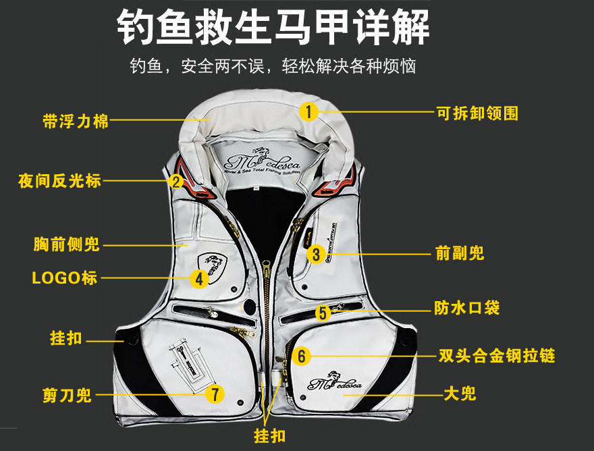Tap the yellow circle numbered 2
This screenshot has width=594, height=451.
[x=176, y=181]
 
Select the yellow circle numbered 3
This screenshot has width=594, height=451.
[x=315, y=254]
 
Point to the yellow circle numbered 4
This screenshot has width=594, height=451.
[x=198, y=278]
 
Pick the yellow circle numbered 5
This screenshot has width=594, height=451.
[x=323, y=312]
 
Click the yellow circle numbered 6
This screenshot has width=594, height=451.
[x=302, y=355]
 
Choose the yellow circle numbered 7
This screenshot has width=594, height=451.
[x=215, y=394]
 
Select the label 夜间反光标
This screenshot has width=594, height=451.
[x=59, y=181]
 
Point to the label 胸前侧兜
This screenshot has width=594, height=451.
[x=66, y=244]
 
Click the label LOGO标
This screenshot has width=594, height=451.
[x=65, y=277]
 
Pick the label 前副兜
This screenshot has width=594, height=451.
[x=460, y=254]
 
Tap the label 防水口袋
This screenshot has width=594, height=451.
[x=466, y=309]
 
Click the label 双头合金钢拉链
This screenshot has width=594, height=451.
[x=497, y=355]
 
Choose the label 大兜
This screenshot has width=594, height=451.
[x=460, y=393]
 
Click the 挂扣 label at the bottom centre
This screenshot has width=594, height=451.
[x=269, y=435]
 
